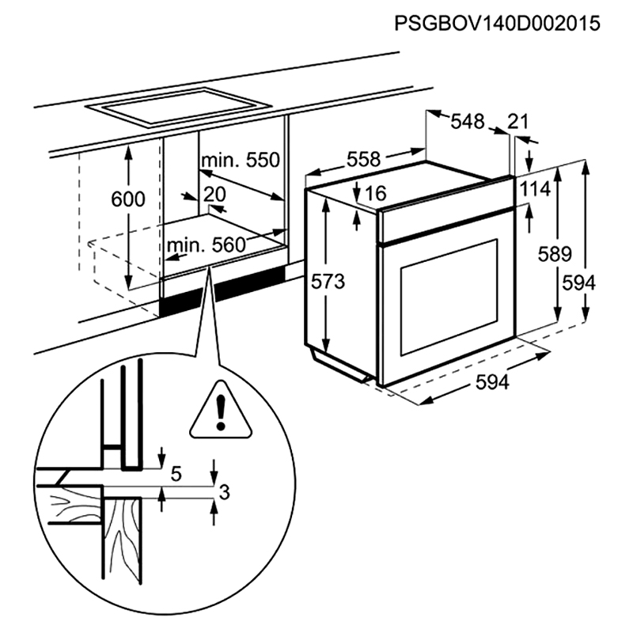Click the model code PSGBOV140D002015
pos(496,23)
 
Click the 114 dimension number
pos(535,190)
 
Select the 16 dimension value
pos(376,192)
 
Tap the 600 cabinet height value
pos(128,199)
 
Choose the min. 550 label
pos(241,161)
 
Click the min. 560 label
pos(207,245)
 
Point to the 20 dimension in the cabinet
pos(214,195)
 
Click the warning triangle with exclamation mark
pos(221,411)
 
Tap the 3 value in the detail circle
pos(224,492)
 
